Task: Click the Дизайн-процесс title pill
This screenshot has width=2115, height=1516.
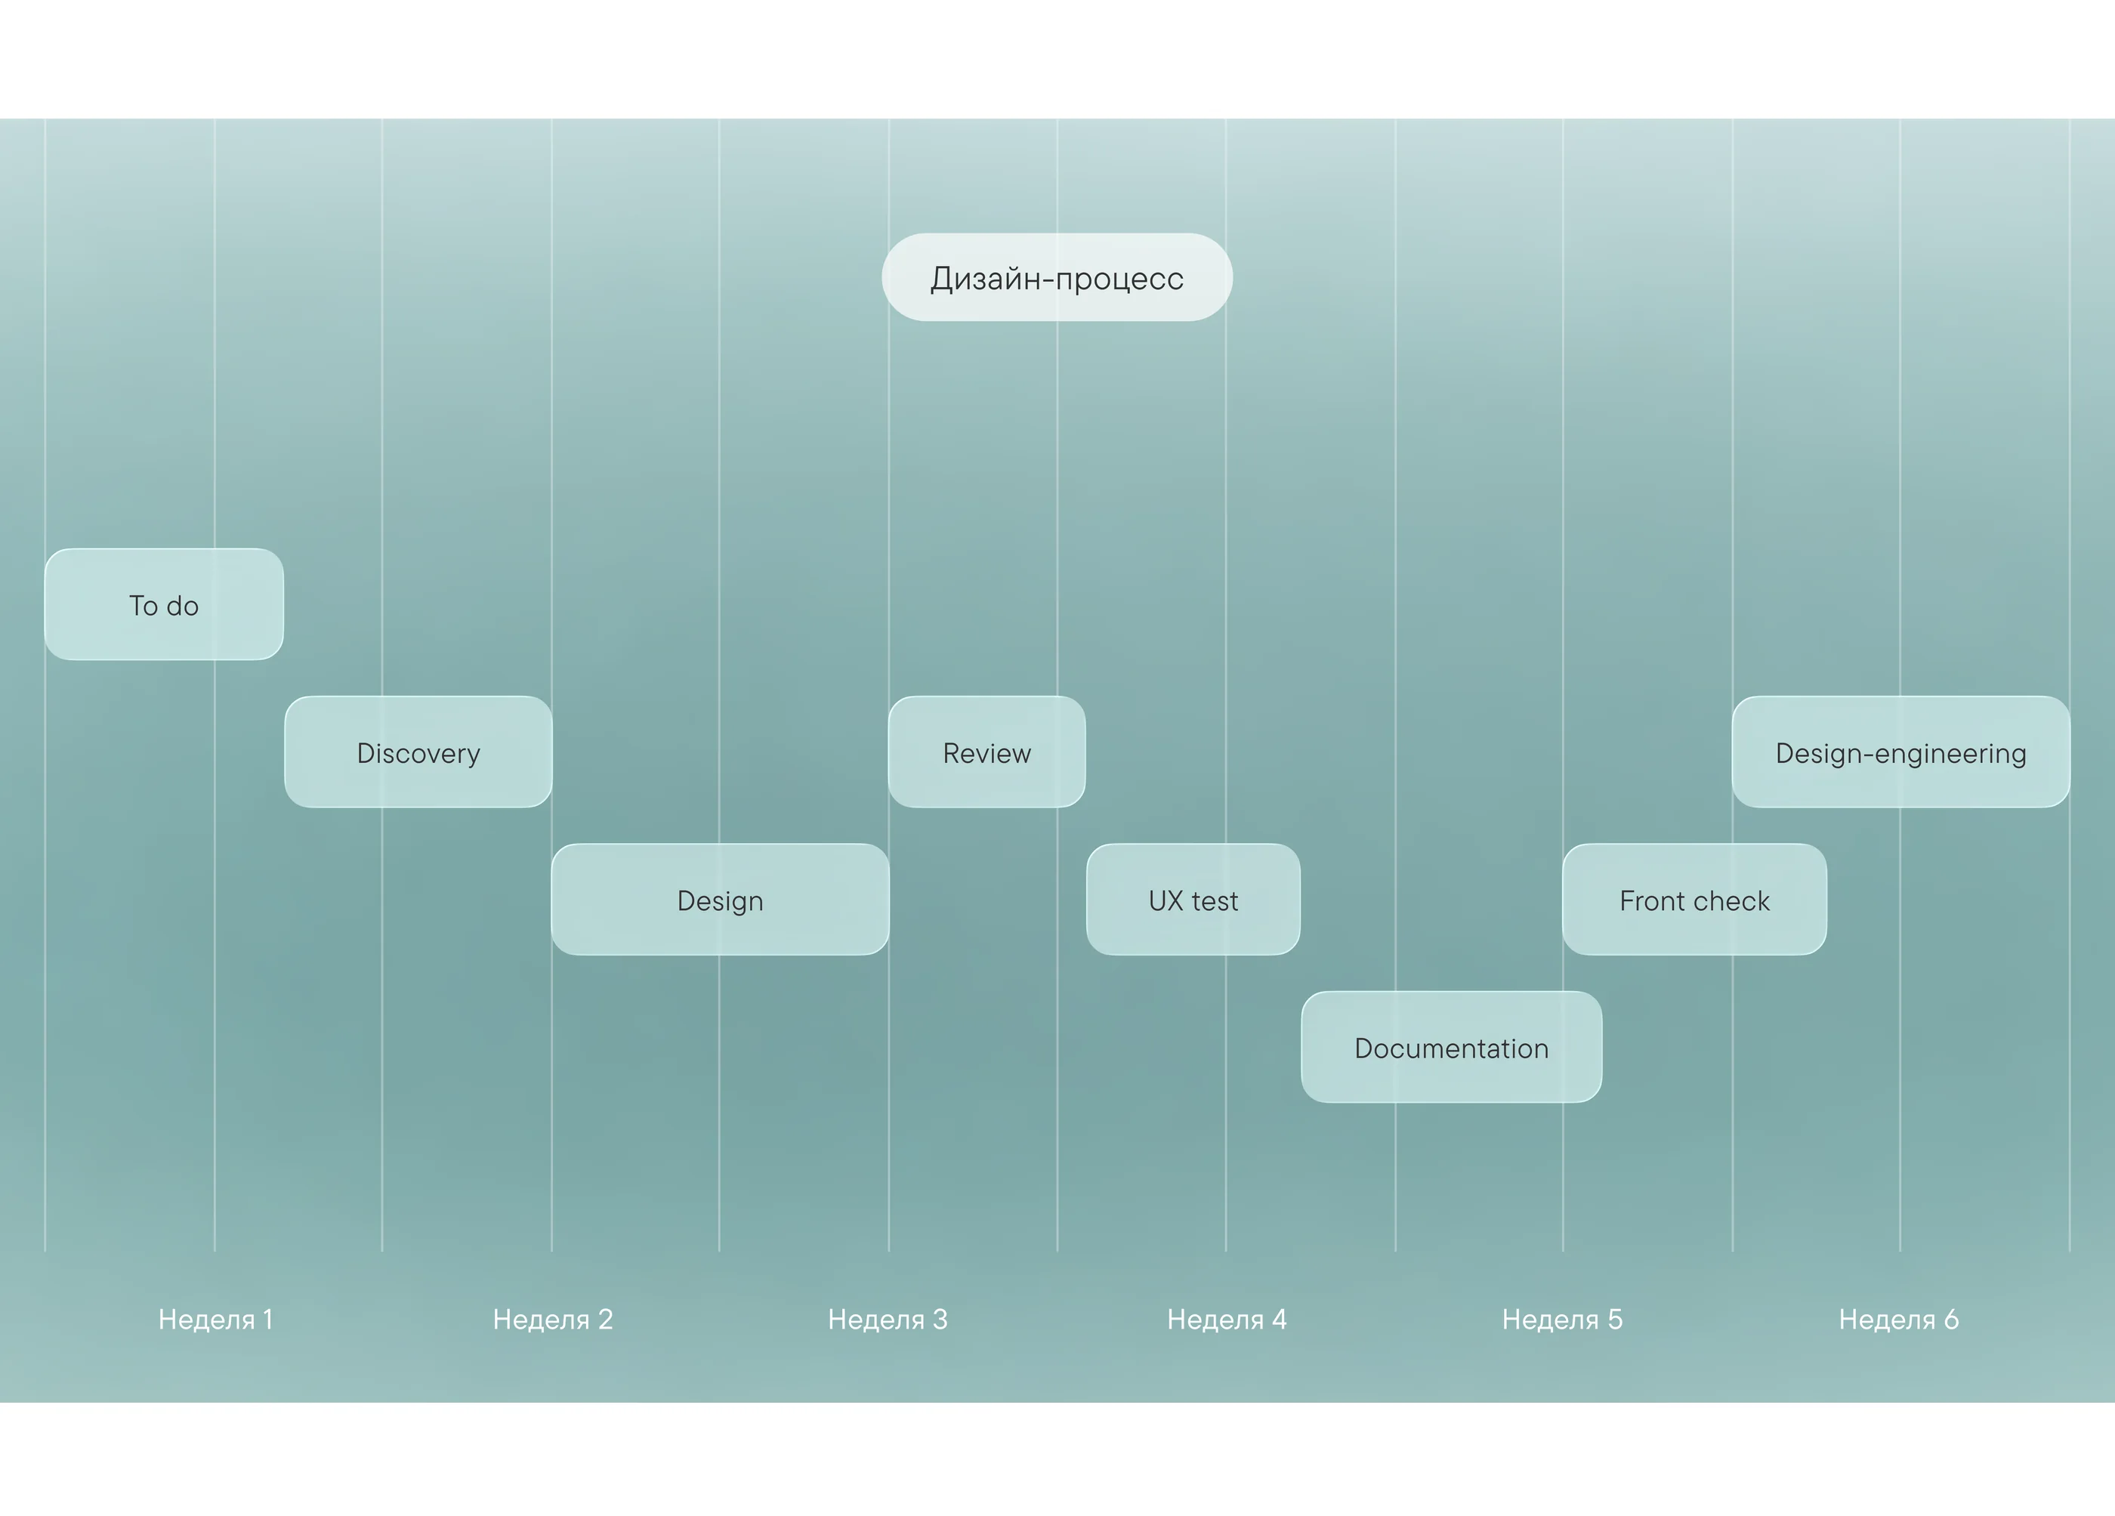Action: pyautogui.click(x=1057, y=278)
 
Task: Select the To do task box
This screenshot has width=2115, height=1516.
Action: pyautogui.click(x=164, y=604)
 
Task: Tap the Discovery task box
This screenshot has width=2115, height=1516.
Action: pyautogui.click(x=418, y=752)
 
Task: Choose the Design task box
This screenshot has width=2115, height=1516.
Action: pyautogui.click(x=720, y=900)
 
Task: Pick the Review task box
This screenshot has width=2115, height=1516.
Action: pyautogui.click(x=986, y=752)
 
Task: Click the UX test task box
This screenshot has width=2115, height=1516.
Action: pyautogui.click(x=1193, y=900)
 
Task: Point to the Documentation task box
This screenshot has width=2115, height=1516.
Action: pyautogui.click(x=1452, y=1047)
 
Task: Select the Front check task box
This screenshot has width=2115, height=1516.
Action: pyautogui.click(x=1694, y=900)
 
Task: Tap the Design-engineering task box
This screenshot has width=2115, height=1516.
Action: pyautogui.click(x=1901, y=752)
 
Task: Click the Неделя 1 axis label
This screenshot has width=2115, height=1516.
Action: pyautogui.click(x=215, y=1320)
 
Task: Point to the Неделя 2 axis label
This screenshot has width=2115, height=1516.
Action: pyautogui.click(x=553, y=1320)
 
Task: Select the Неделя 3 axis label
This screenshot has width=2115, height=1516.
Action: pyautogui.click(x=888, y=1320)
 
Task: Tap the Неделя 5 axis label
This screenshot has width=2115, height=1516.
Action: pyautogui.click(x=1563, y=1320)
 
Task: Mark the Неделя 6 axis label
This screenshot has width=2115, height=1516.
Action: pyautogui.click(x=1899, y=1320)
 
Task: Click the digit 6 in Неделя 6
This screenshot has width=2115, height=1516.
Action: pyautogui.click(x=1951, y=1320)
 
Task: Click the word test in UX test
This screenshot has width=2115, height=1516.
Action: pyautogui.click(x=1215, y=900)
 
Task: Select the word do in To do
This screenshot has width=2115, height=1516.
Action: pyautogui.click(x=182, y=605)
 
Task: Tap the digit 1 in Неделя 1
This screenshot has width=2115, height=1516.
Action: pyautogui.click(x=267, y=1320)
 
